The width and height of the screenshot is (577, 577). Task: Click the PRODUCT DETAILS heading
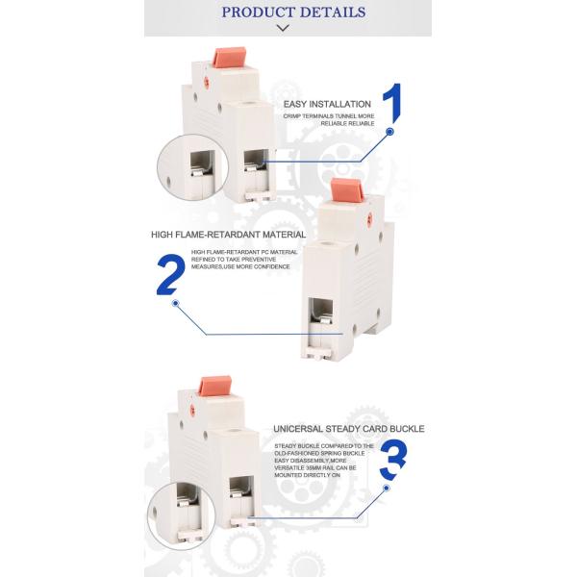point(293,13)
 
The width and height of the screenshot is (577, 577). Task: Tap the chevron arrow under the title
point(282,29)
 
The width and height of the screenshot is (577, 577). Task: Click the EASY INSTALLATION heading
point(327,103)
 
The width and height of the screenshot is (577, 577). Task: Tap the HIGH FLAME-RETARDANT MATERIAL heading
point(228,234)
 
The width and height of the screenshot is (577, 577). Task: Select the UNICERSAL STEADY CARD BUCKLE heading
point(348,429)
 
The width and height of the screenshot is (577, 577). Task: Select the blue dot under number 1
point(390,133)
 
